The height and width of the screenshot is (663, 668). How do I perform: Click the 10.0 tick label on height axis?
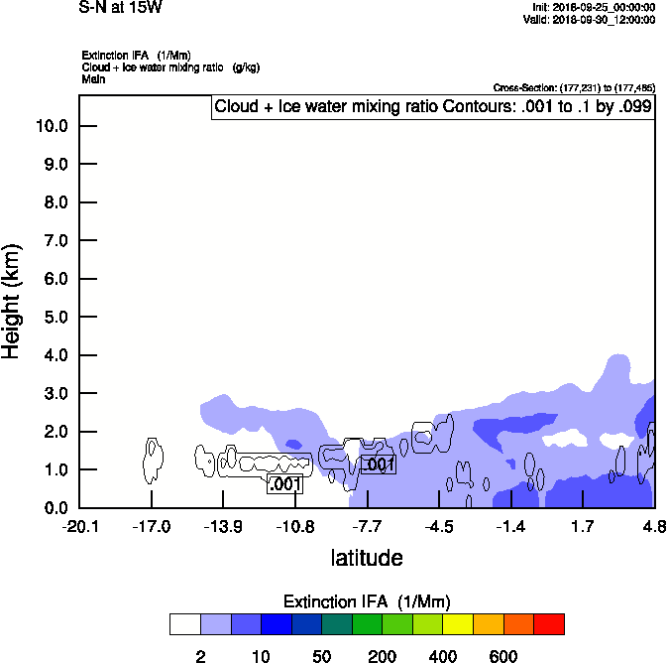(52, 126)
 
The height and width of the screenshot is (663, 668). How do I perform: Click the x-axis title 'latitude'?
(367, 558)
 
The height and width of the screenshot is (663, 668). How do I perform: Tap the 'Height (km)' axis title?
(13, 300)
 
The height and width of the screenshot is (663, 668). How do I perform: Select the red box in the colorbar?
(549, 624)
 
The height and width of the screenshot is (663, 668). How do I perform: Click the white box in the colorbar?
(185, 624)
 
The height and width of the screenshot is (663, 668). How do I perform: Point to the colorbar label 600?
(503, 656)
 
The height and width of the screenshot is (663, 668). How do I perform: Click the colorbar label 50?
(321, 656)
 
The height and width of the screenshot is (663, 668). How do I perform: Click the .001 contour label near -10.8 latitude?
(284, 484)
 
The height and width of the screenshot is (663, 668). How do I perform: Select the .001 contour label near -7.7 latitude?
(379, 464)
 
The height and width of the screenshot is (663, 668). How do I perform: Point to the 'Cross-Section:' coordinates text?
(574, 88)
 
